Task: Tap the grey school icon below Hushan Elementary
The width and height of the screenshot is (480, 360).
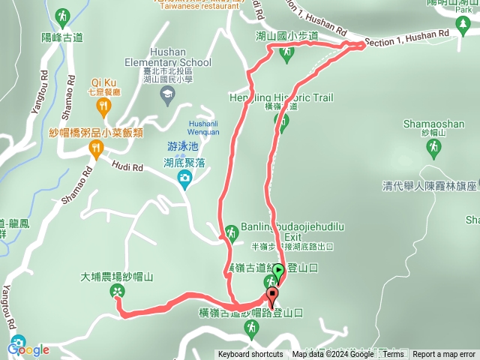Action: pos(167,93)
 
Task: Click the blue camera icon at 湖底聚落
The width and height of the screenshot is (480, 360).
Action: pos(184,178)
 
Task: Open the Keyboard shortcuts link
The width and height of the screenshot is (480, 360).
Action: pos(250,355)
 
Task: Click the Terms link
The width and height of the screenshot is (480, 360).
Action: pos(394,355)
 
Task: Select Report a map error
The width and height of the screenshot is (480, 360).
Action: pos(444,355)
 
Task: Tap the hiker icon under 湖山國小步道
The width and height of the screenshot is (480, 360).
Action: pos(287,52)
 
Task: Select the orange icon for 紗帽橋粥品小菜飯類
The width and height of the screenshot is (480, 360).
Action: pos(95,149)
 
